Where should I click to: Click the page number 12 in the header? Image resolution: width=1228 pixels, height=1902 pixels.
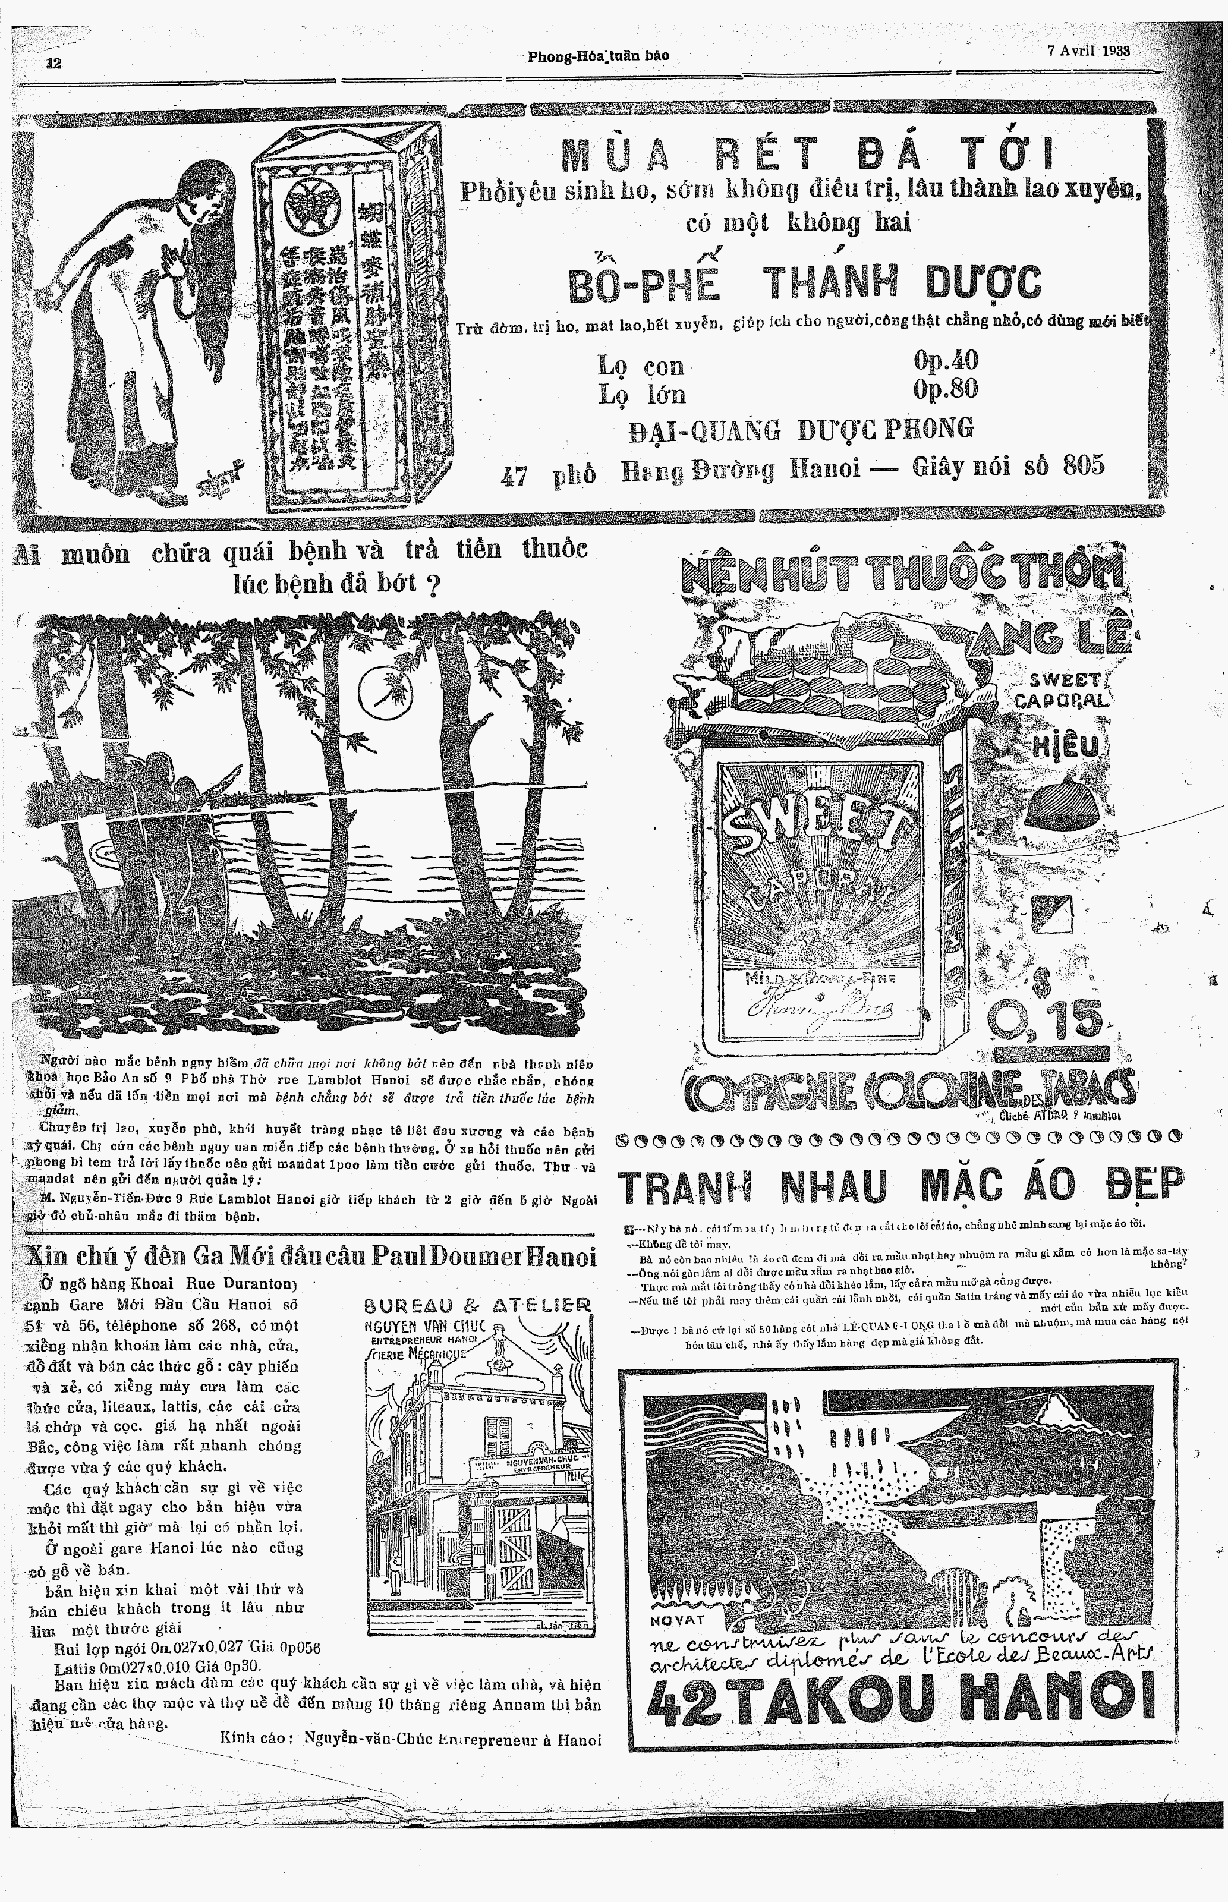tap(53, 63)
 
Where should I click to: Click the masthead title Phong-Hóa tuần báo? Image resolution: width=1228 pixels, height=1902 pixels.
tap(598, 55)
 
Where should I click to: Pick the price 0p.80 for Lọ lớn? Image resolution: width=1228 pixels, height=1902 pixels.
tap(946, 390)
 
